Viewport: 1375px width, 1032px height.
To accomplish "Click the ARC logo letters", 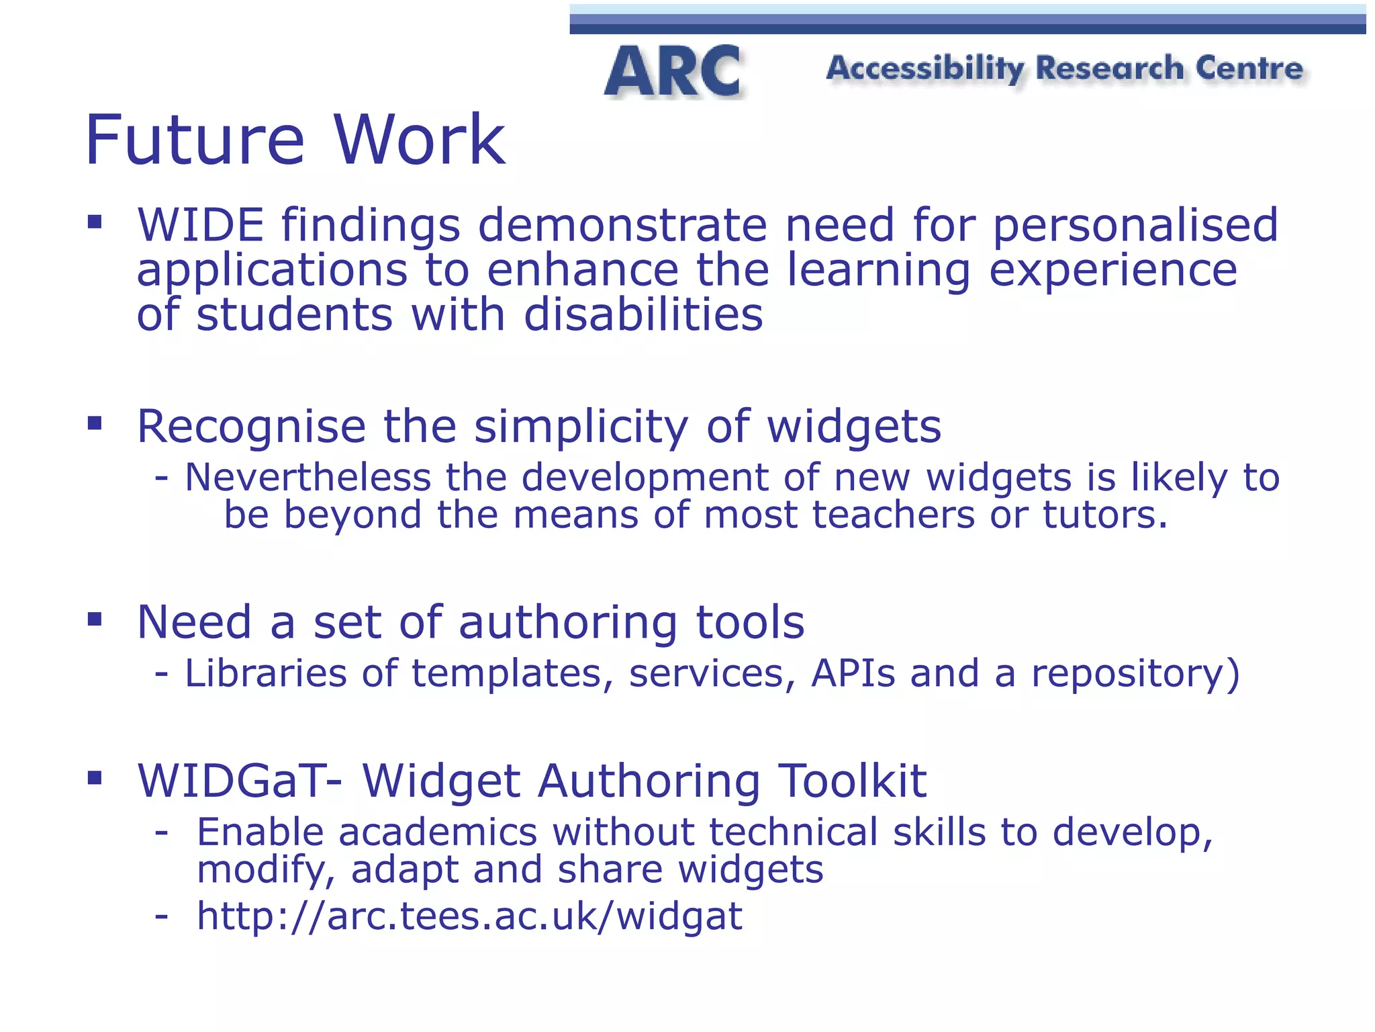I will tap(673, 71).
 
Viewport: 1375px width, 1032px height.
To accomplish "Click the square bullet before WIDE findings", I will tap(95, 222).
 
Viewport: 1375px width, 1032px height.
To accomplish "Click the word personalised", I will tap(1135, 226).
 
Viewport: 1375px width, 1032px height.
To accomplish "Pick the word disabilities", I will tap(643, 315).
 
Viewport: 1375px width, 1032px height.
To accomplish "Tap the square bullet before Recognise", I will tap(95, 423).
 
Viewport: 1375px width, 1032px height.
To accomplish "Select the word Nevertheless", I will tap(307, 478).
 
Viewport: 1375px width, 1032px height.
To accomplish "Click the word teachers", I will tap(893, 515).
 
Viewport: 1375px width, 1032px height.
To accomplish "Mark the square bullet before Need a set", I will tap(95, 619).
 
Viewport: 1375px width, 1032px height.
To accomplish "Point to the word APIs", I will tap(853, 673).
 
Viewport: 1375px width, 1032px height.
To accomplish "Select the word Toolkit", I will tap(852, 781).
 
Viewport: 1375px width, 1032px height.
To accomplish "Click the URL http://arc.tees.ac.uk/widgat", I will tap(469, 916).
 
